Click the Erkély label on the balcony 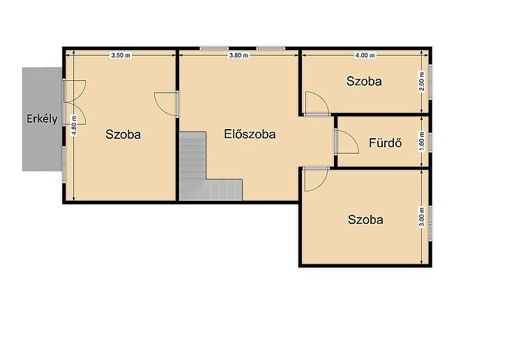pyautogui.click(x=43, y=119)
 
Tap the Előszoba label pyautogui.click(x=250, y=134)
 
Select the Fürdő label pyautogui.click(x=386, y=143)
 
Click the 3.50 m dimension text pyautogui.click(x=121, y=56)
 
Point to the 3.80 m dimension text pyautogui.click(x=238, y=56)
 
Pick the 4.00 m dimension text pyautogui.click(x=365, y=56)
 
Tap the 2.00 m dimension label pyautogui.click(x=422, y=82)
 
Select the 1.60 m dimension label pyautogui.click(x=422, y=142)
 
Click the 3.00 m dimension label pyautogui.click(x=422, y=217)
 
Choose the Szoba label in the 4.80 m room pyautogui.click(x=123, y=135)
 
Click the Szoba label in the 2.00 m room pyautogui.click(x=364, y=81)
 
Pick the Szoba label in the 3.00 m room pyautogui.click(x=365, y=220)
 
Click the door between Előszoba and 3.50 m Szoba pyautogui.click(x=166, y=104)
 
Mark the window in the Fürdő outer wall pyautogui.click(x=430, y=142)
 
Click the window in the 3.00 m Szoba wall pyautogui.click(x=430, y=223)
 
